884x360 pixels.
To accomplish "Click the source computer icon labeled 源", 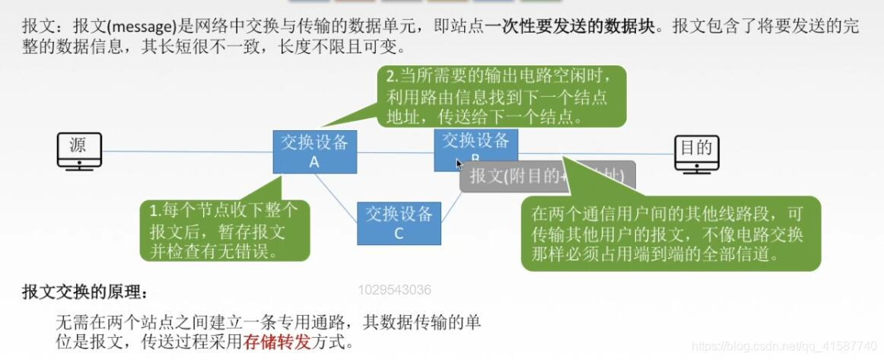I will (x=79, y=149).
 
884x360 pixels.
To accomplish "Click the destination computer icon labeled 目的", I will (x=696, y=152).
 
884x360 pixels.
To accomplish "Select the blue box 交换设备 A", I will (x=313, y=151).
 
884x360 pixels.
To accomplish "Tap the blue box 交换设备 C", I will (x=399, y=223).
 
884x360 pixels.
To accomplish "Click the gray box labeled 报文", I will (x=546, y=177).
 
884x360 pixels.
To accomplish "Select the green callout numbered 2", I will (x=503, y=97).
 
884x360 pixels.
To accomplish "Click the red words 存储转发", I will (x=277, y=342).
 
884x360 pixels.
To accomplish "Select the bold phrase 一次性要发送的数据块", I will (x=569, y=26).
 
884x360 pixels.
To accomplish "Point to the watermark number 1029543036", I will (x=394, y=290).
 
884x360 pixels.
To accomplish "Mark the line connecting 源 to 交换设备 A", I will (x=187, y=151).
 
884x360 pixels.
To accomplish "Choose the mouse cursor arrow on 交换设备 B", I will (x=459, y=163).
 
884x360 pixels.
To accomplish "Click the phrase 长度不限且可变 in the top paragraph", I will (x=356, y=47).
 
